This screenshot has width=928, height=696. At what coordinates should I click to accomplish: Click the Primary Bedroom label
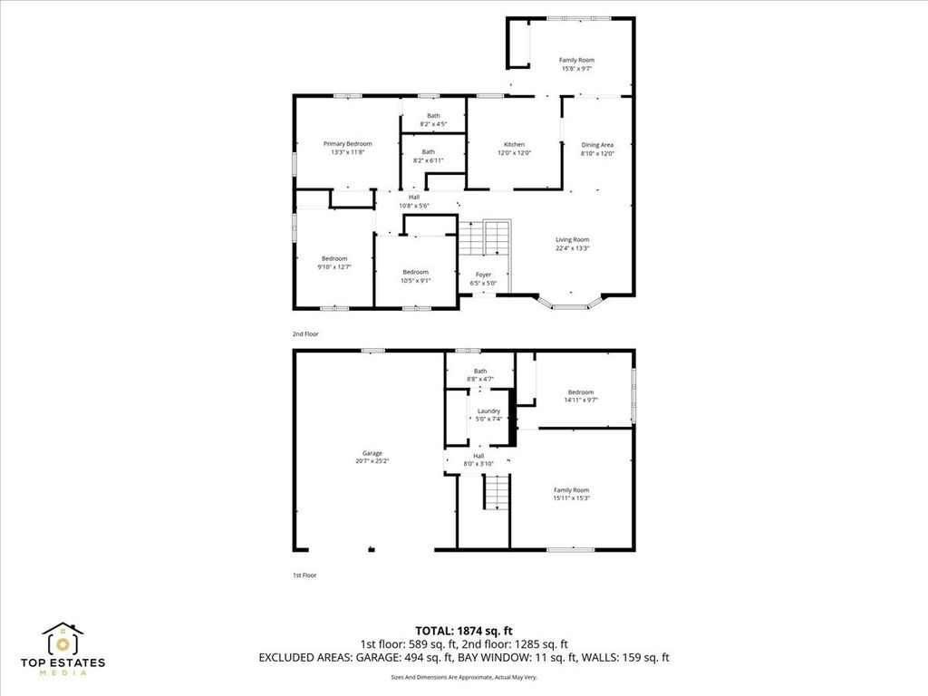pyautogui.click(x=347, y=144)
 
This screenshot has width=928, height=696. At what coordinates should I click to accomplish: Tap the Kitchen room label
pyautogui.click(x=514, y=144)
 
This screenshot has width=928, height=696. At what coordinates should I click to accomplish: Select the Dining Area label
pyautogui.click(x=597, y=145)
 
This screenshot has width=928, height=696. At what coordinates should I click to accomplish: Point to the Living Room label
pyautogui.click(x=573, y=239)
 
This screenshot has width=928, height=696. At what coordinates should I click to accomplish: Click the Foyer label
pyautogui.click(x=484, y=275)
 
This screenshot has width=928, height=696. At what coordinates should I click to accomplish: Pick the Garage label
pyautogui.click(x=372, y=453)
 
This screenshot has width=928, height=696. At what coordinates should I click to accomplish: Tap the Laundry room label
pyautogui.click(x=488, y=411)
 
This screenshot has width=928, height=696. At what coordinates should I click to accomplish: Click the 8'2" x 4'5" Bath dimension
pyautogui.click(x=433, y=124)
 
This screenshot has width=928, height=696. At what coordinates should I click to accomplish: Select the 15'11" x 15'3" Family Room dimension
pyautogui.click(x=571, y=498)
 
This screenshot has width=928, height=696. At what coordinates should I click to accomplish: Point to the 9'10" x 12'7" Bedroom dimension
pyautogui.click(x=334, y=267)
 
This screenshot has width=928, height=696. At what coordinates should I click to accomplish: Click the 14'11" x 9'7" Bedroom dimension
pyautogui.click(x=581, y=400)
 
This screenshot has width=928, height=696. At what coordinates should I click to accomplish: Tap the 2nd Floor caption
pyautogui.click(x=305, y=334)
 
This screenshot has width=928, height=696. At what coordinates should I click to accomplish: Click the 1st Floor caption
pyautogui.click(x=304, y=575)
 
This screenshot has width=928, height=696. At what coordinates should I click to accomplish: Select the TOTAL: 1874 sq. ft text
pyautogui.click(x=464, y=631)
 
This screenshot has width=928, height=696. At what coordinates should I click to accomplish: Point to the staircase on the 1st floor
pyautogui.click(x=496, y=492)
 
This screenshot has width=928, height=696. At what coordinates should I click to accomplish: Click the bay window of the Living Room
pyautogui.click(x=570, y=303)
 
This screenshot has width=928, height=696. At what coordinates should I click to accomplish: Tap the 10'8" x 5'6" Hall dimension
pyautogui.click(x=413, y=206)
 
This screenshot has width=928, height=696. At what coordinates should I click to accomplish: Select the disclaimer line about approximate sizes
pyautogui.click(x=464, y=677)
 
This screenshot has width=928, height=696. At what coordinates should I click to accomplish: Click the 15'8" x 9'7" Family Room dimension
pyautogui.click(x=576, y=69)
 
